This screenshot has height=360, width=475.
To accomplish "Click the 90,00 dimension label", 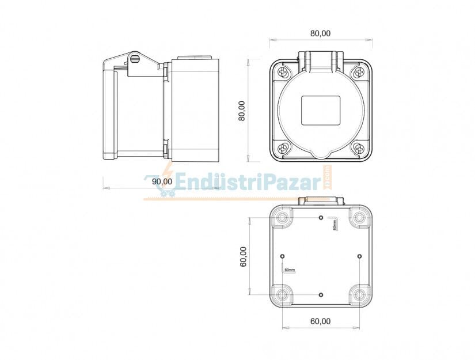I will click(162, 181).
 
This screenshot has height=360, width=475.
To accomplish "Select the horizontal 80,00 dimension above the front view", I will click(320, 33).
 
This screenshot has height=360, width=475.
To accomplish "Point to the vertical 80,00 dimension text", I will click(242, 110).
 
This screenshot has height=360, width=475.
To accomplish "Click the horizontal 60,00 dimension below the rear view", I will click(320, 321).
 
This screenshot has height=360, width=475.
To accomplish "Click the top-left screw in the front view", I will click(283, 72).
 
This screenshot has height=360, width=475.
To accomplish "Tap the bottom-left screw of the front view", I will click(283, 149).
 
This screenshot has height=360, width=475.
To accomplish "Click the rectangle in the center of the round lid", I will click(321, 110).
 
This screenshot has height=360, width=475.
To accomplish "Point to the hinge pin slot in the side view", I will click(135, 59).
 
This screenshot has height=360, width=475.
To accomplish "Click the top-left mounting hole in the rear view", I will click(282, 218).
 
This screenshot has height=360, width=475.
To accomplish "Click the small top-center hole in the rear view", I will click(321, 218).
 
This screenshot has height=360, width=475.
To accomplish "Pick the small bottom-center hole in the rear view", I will click(321, 294).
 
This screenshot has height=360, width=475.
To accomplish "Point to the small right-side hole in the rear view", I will click(359, 256).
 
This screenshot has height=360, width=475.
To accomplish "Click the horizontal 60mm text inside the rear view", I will click(289, 270).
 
